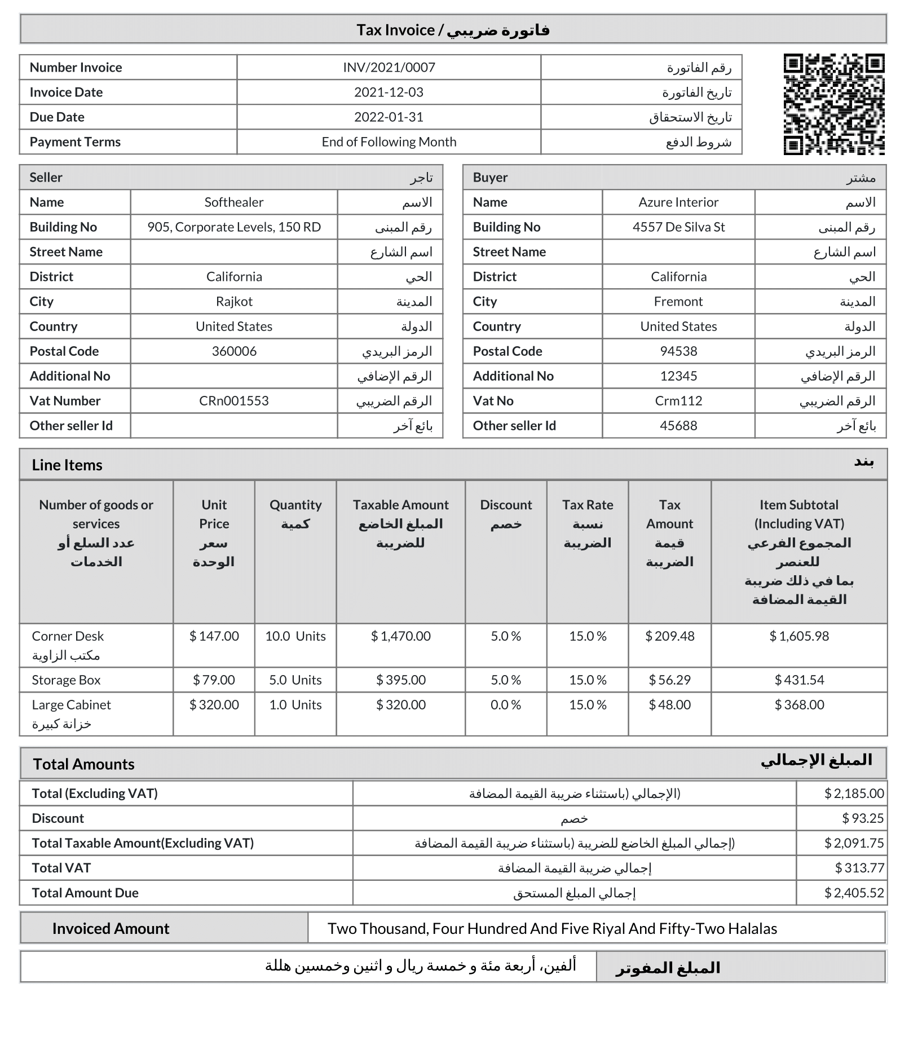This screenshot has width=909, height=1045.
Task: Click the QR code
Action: tap(833, 104)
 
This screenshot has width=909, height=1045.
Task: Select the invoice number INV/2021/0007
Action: tap(389, 68)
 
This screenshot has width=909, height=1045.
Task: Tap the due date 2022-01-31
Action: tap(389, 117)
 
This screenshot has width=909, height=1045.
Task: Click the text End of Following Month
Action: tap(389, 142)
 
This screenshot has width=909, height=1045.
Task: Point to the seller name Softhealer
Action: tap(234, 202)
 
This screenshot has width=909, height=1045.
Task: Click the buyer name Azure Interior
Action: tap(678, 202)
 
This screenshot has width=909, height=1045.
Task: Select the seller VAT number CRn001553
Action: tap(234, 401)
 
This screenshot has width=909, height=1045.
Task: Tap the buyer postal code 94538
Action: tap(678, 351)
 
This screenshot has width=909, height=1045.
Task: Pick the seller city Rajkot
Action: tap(234, 302)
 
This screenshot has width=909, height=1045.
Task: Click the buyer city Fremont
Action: tap(678, 302)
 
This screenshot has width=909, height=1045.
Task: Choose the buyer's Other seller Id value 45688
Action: tap(678, 426)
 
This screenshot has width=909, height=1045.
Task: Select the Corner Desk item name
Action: tap(68, 636)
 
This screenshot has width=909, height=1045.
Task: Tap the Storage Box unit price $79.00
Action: tap(214, 680)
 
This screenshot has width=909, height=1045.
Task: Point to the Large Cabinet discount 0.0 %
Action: tap(506, 705)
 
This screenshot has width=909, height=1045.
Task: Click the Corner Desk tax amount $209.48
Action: tap(669, 636)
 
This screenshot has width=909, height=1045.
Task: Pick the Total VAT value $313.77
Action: tap(859, 868)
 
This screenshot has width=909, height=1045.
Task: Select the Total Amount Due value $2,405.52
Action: tap(854, 893)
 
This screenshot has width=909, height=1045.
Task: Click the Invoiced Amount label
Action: tap(111, 929)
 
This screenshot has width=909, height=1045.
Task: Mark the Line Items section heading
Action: tap(67, 465)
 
